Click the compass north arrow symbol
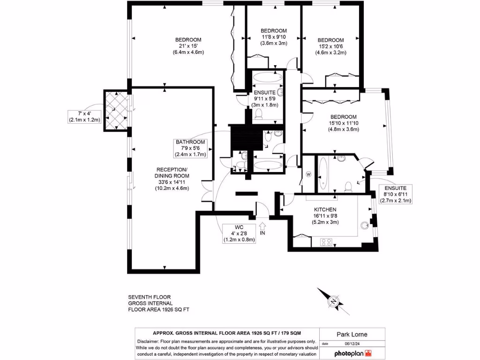click(x=333, y=301)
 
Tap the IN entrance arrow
click(x=262, y=226)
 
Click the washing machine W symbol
click(x=308, y=174)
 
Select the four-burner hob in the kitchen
click(x=326, y=242)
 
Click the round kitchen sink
click(x=365, y=225)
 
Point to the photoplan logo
click(x=353, y=353)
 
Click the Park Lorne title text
click(x=352, y=334)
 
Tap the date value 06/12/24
click(x=352, y=344)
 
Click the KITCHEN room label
click(x=325, y=210)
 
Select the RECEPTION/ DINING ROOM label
click(x=172, y=172)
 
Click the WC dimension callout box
click(x=239, y=233)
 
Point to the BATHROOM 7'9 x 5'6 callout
click(x=190, y=149)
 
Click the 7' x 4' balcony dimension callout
click(x=84, y=117)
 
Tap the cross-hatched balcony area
click(x=116, y=110)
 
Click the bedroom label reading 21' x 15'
click(x=188, y=46)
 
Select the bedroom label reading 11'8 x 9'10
click(x=274, y=37)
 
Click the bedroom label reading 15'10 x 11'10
click(x=344, y=123)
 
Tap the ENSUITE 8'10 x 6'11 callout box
click(x=396, y=195)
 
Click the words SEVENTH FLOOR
click(x=150, y=297)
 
